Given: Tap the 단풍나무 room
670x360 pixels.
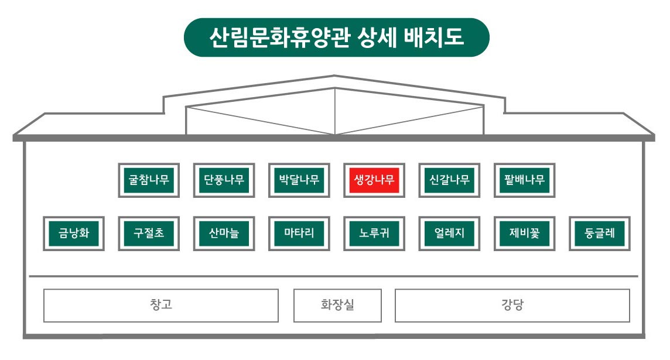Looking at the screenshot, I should coord(224,180).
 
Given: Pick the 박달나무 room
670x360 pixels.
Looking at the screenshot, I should coord(299,180).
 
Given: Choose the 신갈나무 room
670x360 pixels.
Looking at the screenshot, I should coord(449,180).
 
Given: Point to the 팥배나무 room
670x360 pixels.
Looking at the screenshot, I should coord(524,180).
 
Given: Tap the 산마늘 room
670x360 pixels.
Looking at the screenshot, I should coord(224,234).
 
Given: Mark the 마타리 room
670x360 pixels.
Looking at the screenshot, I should coord(299,234).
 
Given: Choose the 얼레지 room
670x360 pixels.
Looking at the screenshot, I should coord(449,234).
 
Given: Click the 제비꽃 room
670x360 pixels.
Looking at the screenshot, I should coord(524,234).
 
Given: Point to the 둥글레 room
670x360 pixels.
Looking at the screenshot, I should coord(599,234).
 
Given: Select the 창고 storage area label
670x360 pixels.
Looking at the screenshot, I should coord(161,305).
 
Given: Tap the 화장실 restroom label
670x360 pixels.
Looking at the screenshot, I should coord(337,305).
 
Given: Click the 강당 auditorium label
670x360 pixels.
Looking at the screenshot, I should coord(512,305).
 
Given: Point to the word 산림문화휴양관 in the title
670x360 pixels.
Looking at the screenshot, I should coord(274,37).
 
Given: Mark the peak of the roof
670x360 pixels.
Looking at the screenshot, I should coord(334,76).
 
